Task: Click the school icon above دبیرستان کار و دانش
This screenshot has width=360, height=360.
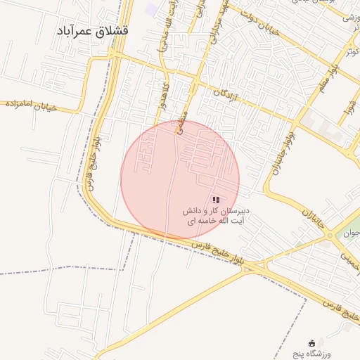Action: click(x=215, y=200)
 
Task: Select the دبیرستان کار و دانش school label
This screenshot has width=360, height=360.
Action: click(x=217, y=215)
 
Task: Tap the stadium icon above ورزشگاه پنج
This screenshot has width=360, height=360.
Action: click(x=312, y=342)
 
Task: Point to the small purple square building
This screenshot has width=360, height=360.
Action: click(x=152, y=10)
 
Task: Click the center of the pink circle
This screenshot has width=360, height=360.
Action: click(x=180, y=180)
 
